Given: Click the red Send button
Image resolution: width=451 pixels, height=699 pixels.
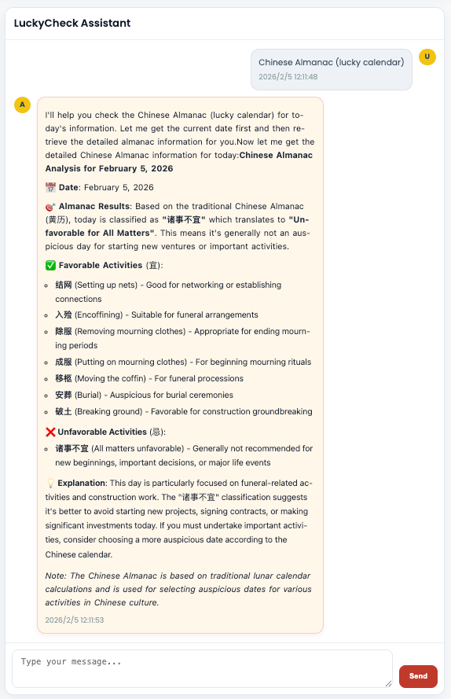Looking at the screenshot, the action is (418, 676).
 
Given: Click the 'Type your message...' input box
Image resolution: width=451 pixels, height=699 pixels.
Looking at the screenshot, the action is (202, 668).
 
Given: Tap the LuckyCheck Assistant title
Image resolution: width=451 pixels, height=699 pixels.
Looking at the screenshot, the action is (72, 23).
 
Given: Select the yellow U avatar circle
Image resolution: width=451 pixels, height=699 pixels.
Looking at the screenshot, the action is (427, 57).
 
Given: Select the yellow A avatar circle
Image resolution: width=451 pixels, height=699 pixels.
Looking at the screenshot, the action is (22, 105).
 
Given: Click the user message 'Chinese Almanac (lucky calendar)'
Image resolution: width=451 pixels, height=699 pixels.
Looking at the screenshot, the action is (331, 62).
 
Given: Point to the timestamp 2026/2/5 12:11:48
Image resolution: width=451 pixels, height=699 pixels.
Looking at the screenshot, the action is (288, 77).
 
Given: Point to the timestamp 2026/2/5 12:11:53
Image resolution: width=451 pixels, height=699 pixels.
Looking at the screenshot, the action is (75, 620).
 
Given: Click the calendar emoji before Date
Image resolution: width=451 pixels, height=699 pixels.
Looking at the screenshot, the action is (50, 187).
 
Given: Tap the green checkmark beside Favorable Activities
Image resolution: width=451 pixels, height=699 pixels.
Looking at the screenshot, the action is (50, 265).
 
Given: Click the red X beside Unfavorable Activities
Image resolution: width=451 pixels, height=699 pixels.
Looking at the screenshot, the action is (50, 432).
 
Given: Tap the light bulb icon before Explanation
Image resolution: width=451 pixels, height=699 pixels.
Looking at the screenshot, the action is (50, 483).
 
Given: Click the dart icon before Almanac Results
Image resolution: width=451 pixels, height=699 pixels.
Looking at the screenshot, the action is (50, 204).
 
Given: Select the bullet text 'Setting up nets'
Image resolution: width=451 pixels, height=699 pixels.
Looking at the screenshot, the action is (107, 285).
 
